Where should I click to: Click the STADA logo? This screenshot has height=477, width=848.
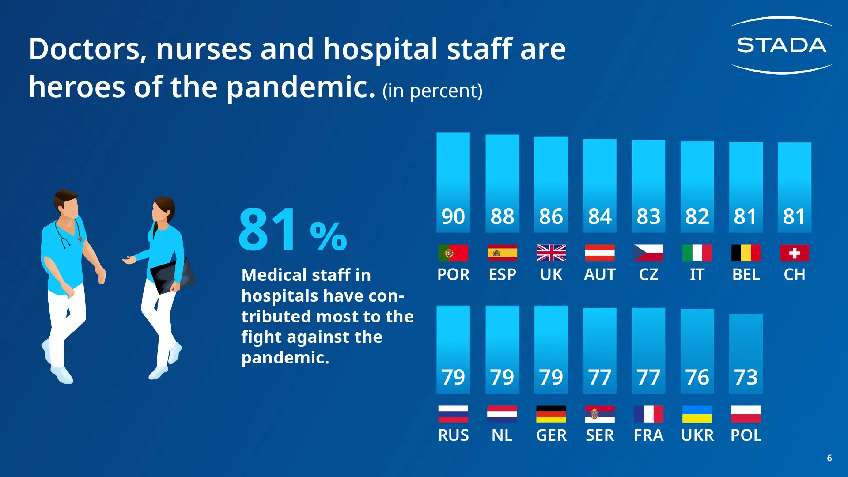(x=781, y=45)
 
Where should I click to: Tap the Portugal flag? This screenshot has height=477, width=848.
(x=453, y=253)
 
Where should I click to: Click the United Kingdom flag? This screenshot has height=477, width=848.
(x=551, y=253)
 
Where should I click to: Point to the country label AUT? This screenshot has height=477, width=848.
(x=599, y=275)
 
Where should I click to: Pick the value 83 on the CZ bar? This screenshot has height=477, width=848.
(x=648, y=216)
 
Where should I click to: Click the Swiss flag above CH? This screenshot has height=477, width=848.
(x=794, y=253)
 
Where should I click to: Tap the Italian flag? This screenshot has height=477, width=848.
(x=697, y=253)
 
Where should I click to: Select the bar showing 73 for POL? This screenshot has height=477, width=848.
(x=746, y=353)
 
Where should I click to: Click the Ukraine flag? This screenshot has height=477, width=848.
(x=697, y=414)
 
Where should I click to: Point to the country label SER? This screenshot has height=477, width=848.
(x=599, y=435)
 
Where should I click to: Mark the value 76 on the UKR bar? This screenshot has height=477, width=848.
(x=697, y=377)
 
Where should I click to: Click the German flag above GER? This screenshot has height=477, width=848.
(x=551, y=414)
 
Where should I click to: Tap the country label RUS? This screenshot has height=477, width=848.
(x=453, y=435)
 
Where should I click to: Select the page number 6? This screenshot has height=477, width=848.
(x=829, y=458)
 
